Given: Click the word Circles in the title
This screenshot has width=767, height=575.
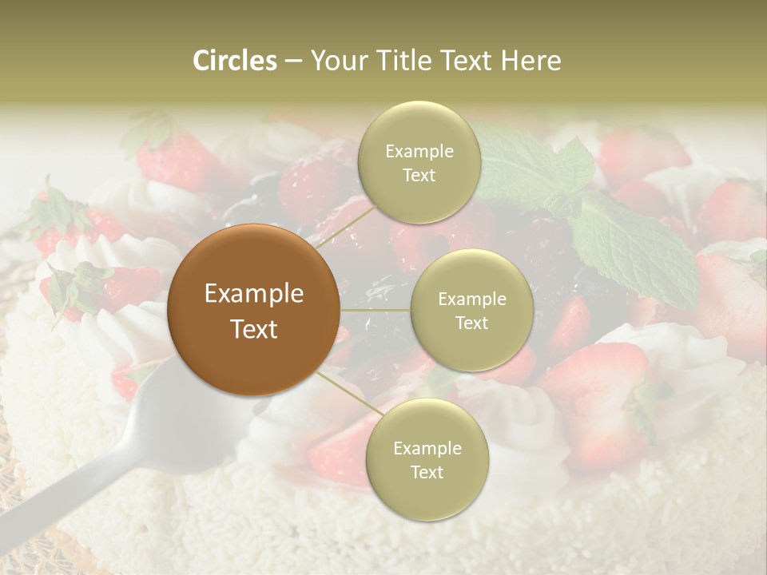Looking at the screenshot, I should pyautogui.click(x=234, y=61).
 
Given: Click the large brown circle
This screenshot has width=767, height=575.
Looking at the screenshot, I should pyautogui.click(x=254, y=310).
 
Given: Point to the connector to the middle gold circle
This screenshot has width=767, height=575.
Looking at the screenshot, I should pyautogui.click(x=376, y=309).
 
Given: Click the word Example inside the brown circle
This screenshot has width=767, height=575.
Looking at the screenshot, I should pyautogui.click(x=254, y=294).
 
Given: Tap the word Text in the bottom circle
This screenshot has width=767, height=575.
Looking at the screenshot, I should pyautogui.click(x=427, y=472).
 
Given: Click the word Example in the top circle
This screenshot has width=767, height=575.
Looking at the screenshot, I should pyautogui.click(x=419, y=151).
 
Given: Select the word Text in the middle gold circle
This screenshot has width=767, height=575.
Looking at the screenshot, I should pyautogui.click(x=471, y=323).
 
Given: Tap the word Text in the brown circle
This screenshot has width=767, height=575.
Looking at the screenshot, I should pyautogui.click(x=254, y=329).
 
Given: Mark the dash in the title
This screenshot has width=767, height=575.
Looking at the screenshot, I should pyautogui.click(x=292, y=61).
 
